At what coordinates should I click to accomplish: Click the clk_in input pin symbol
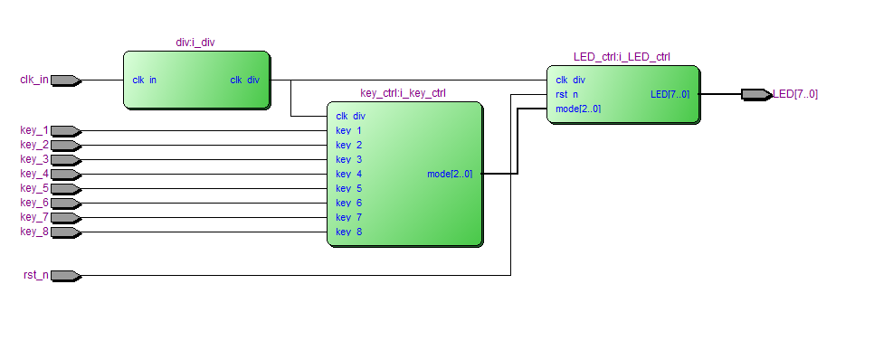tap(66, 81)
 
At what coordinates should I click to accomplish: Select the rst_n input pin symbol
tap(66, 276)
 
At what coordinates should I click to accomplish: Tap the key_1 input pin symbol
tap(66, 131)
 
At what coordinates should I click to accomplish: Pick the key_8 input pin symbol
tap(66, 232)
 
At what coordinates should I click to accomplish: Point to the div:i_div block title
tap(195, 43)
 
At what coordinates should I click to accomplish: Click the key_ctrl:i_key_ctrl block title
tap(403, 93)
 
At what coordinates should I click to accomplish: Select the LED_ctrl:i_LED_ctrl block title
tap(622, 57)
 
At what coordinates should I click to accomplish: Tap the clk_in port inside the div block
tap(145, 81)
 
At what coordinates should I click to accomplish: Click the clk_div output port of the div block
tap(244, 81)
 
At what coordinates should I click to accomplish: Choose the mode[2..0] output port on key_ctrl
tap(450, 175)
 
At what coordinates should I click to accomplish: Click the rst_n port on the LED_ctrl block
tap(567, 95)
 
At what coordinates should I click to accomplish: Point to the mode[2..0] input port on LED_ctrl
tap(578, 109)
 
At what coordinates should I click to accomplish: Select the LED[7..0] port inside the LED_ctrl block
tap(670, 95)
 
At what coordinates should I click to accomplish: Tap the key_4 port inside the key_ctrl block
tap(349, 175)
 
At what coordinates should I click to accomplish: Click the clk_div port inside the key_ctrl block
tap(351, 117)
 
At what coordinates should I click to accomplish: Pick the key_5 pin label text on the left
tap(34, 188)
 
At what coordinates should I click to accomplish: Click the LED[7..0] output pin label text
tap(795, 94)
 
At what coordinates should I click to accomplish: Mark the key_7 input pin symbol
tap(66, 218)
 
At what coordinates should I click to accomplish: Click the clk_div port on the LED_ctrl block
tap(570, 81)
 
